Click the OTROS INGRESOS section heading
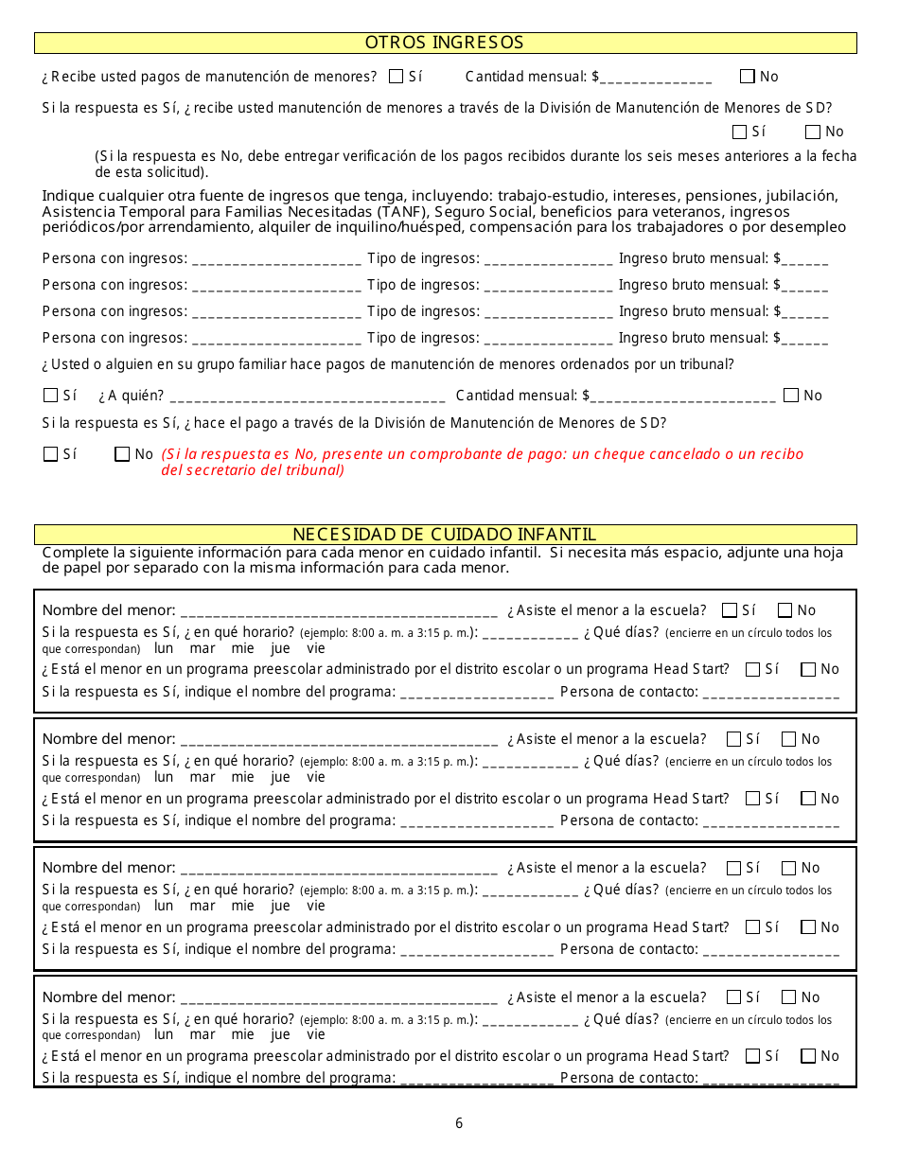[444, 43]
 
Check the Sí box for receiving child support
[396, 77]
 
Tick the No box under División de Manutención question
[812, 132]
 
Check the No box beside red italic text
[122, 454]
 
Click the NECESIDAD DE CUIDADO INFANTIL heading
[444, 534]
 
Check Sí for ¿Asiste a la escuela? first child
[730, 610]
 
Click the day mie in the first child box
[243, 648]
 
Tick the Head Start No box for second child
[808, 798]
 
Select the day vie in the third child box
[315, 906]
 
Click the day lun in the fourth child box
[164, 1034]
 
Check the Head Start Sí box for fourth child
[753, 1056]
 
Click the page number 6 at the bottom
[459, 1123]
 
